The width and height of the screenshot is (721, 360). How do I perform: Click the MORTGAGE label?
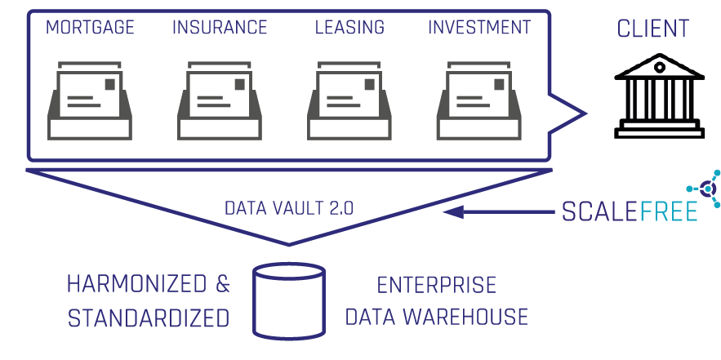pos(90,28)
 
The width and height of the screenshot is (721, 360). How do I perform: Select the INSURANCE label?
pos(220,28)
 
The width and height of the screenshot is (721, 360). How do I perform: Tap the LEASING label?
pos(349,28)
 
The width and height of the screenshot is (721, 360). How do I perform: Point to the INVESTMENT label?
pos(479,28)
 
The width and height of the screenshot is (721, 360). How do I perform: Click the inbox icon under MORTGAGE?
pos(91,101)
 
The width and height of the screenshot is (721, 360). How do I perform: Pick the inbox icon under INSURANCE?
pos(220,101)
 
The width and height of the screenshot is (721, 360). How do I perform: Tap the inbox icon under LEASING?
pos(349,101)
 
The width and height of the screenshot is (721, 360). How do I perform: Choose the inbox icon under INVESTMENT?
pos(478,101)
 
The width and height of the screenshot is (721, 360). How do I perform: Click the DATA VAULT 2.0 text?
pos(289,207)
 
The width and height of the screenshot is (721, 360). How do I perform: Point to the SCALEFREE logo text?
pos(629,211)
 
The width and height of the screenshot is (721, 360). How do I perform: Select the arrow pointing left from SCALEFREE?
pos(498,212)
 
